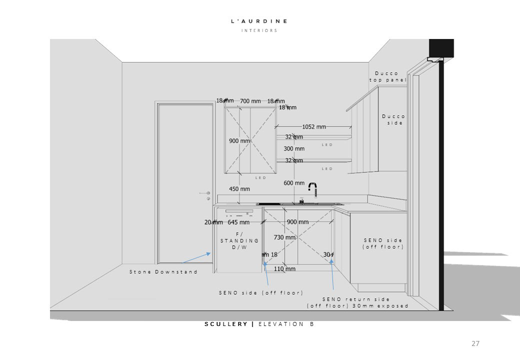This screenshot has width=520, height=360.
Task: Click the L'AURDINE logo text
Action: click(259, 21)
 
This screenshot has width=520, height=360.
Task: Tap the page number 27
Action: click(475, 343)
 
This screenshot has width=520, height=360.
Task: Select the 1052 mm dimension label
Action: click(313, 127)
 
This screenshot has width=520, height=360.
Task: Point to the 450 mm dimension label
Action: click(239, 189)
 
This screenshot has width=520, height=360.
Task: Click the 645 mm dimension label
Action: click(238, 222)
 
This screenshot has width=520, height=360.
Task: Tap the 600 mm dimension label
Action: click(294, 183)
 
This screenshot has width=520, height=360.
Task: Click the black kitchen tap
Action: click(313, 189)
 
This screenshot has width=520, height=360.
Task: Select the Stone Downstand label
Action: click(163, 271)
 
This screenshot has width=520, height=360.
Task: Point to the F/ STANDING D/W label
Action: click(239, 240)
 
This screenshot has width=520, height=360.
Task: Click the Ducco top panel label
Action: click(387, 76)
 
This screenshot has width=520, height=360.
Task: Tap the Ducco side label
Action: click(393, 119)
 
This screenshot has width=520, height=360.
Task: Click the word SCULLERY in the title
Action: click(226, 324)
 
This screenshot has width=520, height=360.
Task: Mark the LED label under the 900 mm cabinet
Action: click(261, 178)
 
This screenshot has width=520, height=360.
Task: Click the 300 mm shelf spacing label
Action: click(294, 148)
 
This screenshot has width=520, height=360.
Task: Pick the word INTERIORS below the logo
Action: click(259, 30)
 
